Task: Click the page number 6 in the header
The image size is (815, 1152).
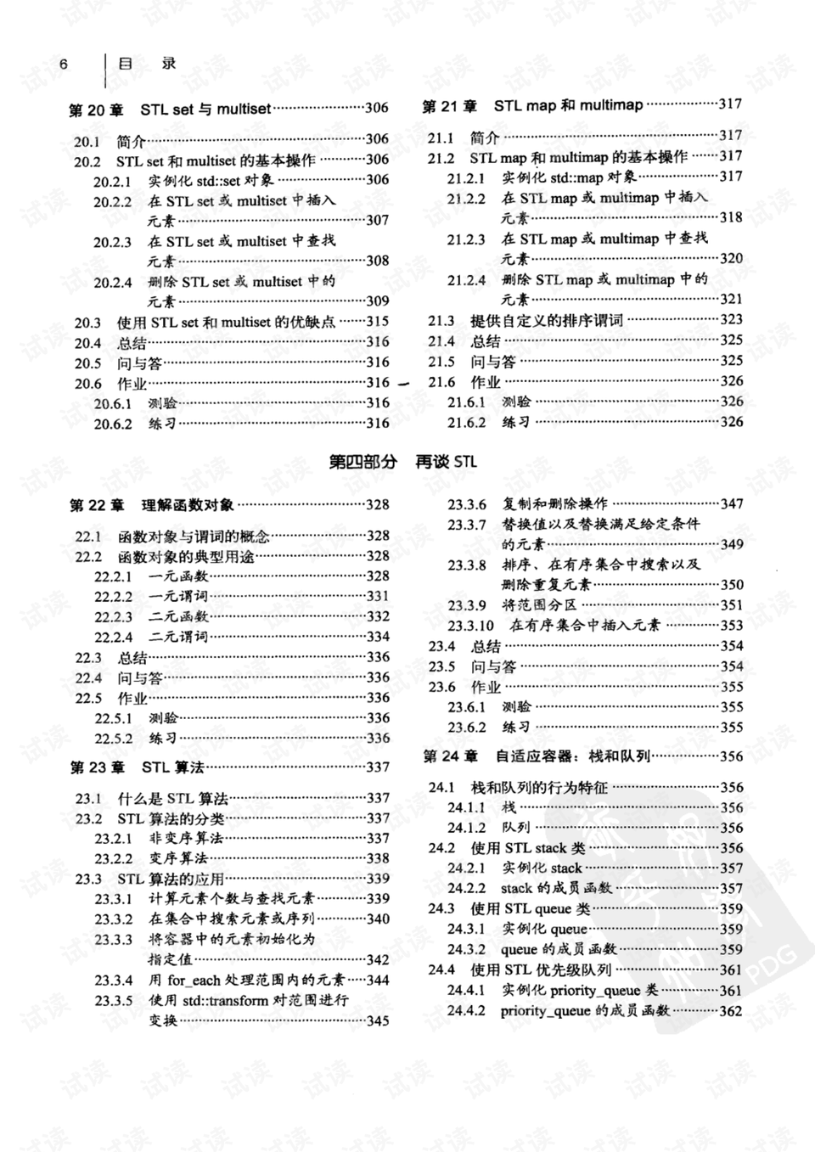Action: point(64,65)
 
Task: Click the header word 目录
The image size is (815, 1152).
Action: point(146,64)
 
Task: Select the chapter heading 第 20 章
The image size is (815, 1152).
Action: point(95,110)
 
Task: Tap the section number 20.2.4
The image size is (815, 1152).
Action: point(112,282)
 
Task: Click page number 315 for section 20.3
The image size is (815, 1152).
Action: point(377,322)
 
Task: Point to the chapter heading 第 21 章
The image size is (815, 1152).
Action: point(449,106)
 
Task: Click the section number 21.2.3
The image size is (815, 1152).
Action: point(466,239)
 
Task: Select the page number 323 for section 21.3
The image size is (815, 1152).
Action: point(731,319)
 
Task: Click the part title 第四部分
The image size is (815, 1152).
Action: point(363,462)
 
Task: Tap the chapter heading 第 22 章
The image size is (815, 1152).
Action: point(97,506)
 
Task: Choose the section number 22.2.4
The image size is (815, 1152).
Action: point(113,637)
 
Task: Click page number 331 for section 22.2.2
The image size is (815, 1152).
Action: point(378,596)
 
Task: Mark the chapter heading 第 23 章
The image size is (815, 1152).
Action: point(97,767)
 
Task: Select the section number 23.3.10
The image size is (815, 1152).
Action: point(470,626)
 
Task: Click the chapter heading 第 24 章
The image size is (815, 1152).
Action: point(450,756)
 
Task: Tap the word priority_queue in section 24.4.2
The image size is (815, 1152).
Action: point(545,1011)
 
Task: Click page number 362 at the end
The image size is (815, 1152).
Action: point(731,1011)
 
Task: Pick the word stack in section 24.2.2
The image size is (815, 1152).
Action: point(515,889)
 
